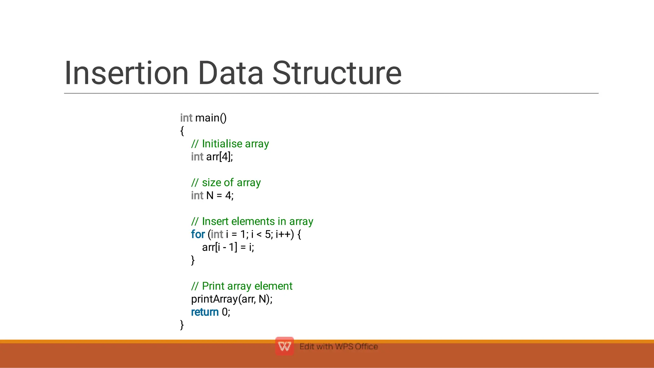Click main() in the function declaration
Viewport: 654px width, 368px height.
(x=211, y=118)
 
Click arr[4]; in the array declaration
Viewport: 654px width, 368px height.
(x=219, y=157)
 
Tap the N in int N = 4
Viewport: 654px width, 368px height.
(x=210, y=196)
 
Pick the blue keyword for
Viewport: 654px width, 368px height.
(x=198, y=235)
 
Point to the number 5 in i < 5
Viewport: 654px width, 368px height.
(x=268, y=235)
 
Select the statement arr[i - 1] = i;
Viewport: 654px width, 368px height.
(x=228, y=247)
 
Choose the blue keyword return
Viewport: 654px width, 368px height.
(x=205, y=312)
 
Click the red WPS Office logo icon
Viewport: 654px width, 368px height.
(x=284, y=346)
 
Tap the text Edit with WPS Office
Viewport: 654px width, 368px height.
(x=338, y=347)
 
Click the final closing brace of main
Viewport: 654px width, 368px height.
(x=182, y=325)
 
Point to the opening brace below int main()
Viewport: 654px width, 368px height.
(x=182, y=131)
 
